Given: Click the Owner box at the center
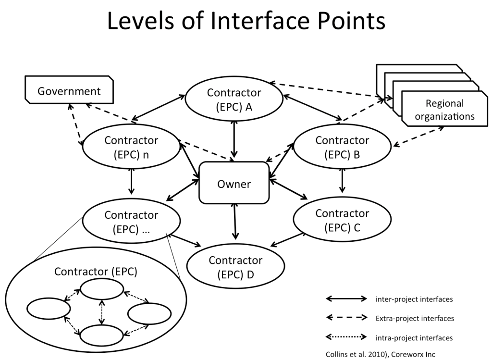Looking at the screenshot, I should pyautogui.click(x=234, y=183).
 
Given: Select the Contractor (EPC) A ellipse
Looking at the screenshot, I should pyautogui.click(x=234, y=99).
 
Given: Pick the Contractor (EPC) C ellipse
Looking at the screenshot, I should pyautogui.click(x=342, y=220).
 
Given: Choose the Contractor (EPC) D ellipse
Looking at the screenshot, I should pyautogui.click(x=235, y=267).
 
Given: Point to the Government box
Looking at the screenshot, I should pyautogui.click(x=69, y=91).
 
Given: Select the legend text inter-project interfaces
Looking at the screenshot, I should pyautogui.click(x=414, y=299).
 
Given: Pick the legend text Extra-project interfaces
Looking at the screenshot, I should pyautogui.click(x=414, y=318).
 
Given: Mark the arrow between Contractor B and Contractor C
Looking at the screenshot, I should pyautogui.click(x=342, y=179).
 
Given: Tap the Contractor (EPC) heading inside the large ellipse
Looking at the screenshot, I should pyautogui.click(x=96, y=271).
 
